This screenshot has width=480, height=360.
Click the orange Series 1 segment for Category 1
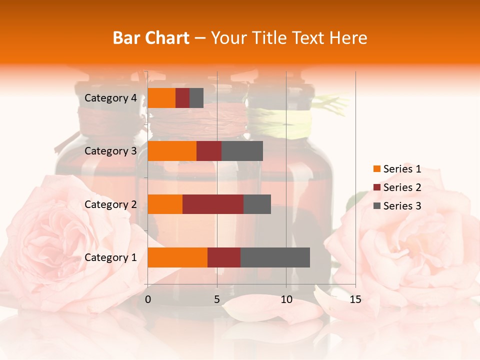point(177,257)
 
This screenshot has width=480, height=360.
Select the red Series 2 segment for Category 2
point(213,204)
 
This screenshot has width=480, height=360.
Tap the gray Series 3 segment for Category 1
point(275,257)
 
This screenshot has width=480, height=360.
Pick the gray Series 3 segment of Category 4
point(196,98)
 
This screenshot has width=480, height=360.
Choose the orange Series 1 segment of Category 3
point(172,151)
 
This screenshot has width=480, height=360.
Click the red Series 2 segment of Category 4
point(182,98)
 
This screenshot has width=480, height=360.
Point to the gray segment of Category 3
point(242,151)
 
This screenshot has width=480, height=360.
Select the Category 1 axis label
point(110,257)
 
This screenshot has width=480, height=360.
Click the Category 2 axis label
point(110,204)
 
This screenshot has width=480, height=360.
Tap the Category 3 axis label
point(110,151)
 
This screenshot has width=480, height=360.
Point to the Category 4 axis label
point(110,98)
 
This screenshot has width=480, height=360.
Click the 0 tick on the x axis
point(148,299)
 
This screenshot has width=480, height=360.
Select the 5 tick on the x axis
point(217,299)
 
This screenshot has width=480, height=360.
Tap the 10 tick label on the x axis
point(286,299)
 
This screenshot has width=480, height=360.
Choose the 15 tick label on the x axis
point(355,299)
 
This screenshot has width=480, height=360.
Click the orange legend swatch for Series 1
point(376,169)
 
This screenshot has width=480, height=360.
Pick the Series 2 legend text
point(402,187)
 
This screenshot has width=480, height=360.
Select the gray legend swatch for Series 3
point(376,206)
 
